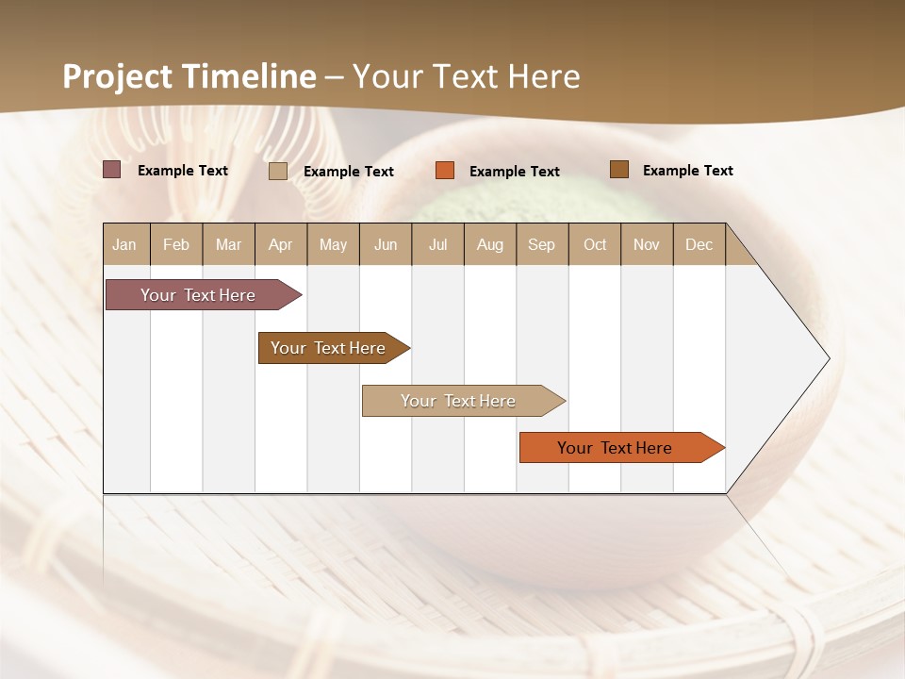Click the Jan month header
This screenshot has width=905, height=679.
125,244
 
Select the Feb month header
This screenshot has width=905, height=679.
176,244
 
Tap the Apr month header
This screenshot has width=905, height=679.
281,244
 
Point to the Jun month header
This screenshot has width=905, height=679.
386,244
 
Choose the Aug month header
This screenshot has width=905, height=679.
490,244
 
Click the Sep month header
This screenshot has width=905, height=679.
542,244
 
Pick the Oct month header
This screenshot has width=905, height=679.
595,244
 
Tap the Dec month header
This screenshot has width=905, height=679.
699,244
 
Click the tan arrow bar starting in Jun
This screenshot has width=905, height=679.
459,401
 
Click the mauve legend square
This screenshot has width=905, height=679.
111,170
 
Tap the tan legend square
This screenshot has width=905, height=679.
278,171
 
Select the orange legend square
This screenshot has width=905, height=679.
445,171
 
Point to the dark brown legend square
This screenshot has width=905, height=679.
618,170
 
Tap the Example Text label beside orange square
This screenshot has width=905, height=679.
515,172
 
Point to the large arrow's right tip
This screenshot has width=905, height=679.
828,358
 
